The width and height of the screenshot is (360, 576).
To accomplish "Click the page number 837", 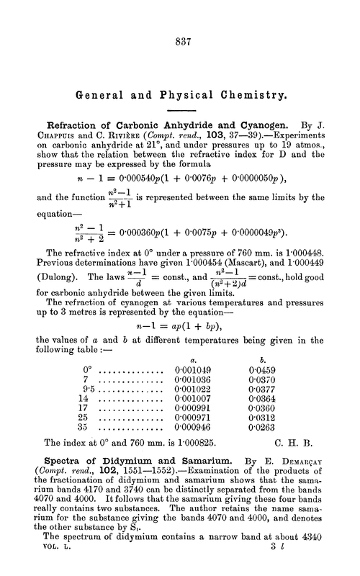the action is (x=180, y=42).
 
